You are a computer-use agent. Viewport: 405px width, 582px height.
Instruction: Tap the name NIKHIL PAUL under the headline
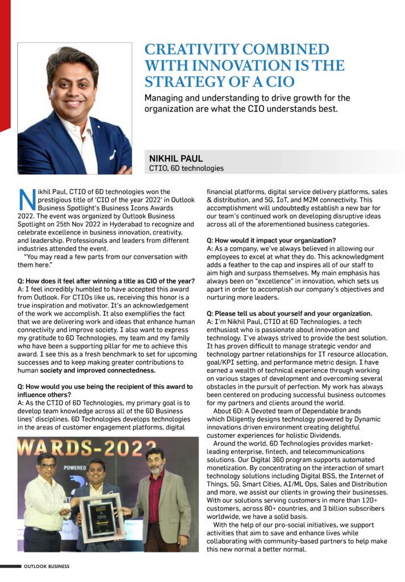tap(176, 159)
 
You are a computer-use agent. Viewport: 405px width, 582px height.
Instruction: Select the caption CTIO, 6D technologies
tap(186, 168)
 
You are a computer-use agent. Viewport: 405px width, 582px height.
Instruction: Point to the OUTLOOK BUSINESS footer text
tap(47, 567)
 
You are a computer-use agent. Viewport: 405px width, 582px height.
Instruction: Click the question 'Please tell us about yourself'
tap(289, 314)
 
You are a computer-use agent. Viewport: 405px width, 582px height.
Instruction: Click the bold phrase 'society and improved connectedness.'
tap(98, 371)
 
